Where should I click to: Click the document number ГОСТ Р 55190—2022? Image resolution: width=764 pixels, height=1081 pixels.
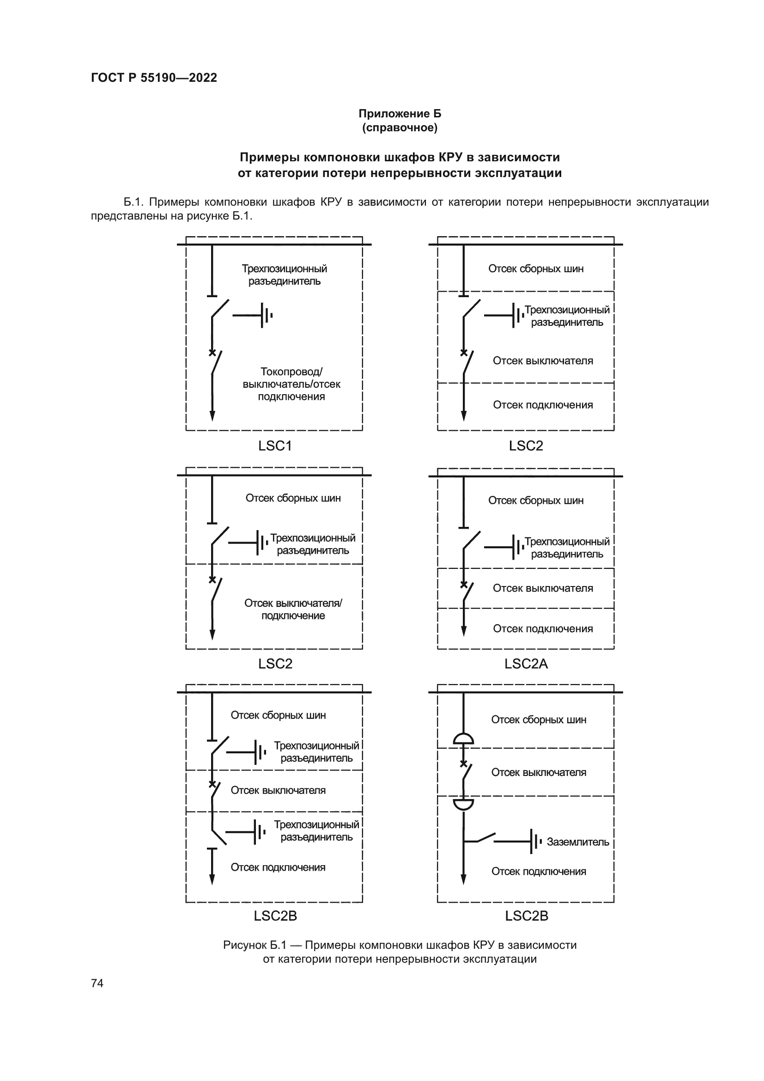(154, 78)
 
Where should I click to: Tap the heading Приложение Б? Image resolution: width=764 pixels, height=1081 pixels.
(400, 114)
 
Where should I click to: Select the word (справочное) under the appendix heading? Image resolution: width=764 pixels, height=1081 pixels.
(400, 128)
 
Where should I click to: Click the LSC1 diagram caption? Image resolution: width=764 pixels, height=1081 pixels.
(275, 446)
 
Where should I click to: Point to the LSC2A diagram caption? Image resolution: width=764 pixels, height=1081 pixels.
(526, 663)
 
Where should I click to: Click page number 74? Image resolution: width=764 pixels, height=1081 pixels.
(97, 983)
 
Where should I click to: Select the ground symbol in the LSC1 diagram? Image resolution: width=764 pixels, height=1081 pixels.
(266, 315)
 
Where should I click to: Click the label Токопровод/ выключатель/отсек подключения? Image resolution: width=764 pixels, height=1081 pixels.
(291, 384)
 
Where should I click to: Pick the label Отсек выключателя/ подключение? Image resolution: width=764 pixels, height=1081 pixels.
(293, 609)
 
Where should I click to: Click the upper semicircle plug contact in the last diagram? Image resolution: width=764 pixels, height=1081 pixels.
(463, 738)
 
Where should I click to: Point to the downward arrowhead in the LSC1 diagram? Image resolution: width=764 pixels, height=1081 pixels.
(212, 416)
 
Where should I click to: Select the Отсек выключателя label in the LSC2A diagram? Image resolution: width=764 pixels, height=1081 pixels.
(542, 588)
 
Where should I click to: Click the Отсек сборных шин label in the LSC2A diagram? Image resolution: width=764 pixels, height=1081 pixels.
(535, 500)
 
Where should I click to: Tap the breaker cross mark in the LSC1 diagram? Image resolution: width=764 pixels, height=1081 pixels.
(212, 353)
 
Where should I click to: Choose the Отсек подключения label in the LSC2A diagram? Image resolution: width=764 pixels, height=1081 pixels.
(542, 629)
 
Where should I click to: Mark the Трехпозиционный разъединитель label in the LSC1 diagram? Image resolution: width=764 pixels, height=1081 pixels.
(284, 275)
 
